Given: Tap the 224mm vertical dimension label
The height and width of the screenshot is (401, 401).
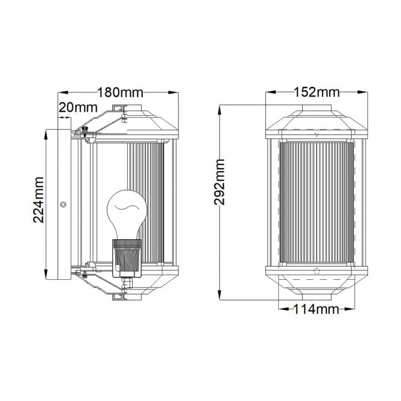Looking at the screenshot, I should [x=39, y=200].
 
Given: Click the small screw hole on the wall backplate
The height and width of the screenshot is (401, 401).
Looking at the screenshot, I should [x=62, y=205].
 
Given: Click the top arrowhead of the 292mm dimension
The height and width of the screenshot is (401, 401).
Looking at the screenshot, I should [x=221, y=109].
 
